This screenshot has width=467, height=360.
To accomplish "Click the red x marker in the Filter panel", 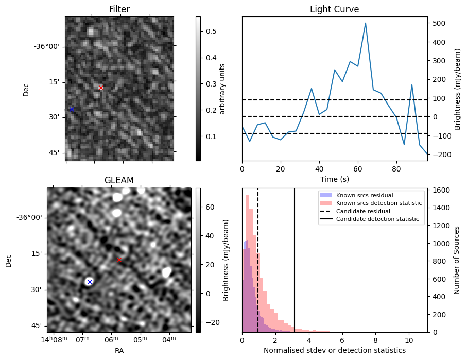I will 101,88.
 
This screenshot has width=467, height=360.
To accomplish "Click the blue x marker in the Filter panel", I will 72,109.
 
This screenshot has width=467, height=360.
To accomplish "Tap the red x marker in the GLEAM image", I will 119,260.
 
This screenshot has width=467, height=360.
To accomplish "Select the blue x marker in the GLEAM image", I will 90,281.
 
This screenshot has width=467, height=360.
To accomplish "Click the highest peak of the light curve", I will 366,23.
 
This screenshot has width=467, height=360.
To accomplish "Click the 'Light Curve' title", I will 334,9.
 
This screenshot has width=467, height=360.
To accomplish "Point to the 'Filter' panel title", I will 119,9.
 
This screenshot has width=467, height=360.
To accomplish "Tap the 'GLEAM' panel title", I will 119,180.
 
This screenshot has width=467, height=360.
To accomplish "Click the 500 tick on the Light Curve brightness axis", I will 437,23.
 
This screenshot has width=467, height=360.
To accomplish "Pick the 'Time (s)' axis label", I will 334,179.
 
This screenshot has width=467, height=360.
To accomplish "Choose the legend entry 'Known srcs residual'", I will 365,195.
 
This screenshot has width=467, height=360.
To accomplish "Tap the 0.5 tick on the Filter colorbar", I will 209,31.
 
